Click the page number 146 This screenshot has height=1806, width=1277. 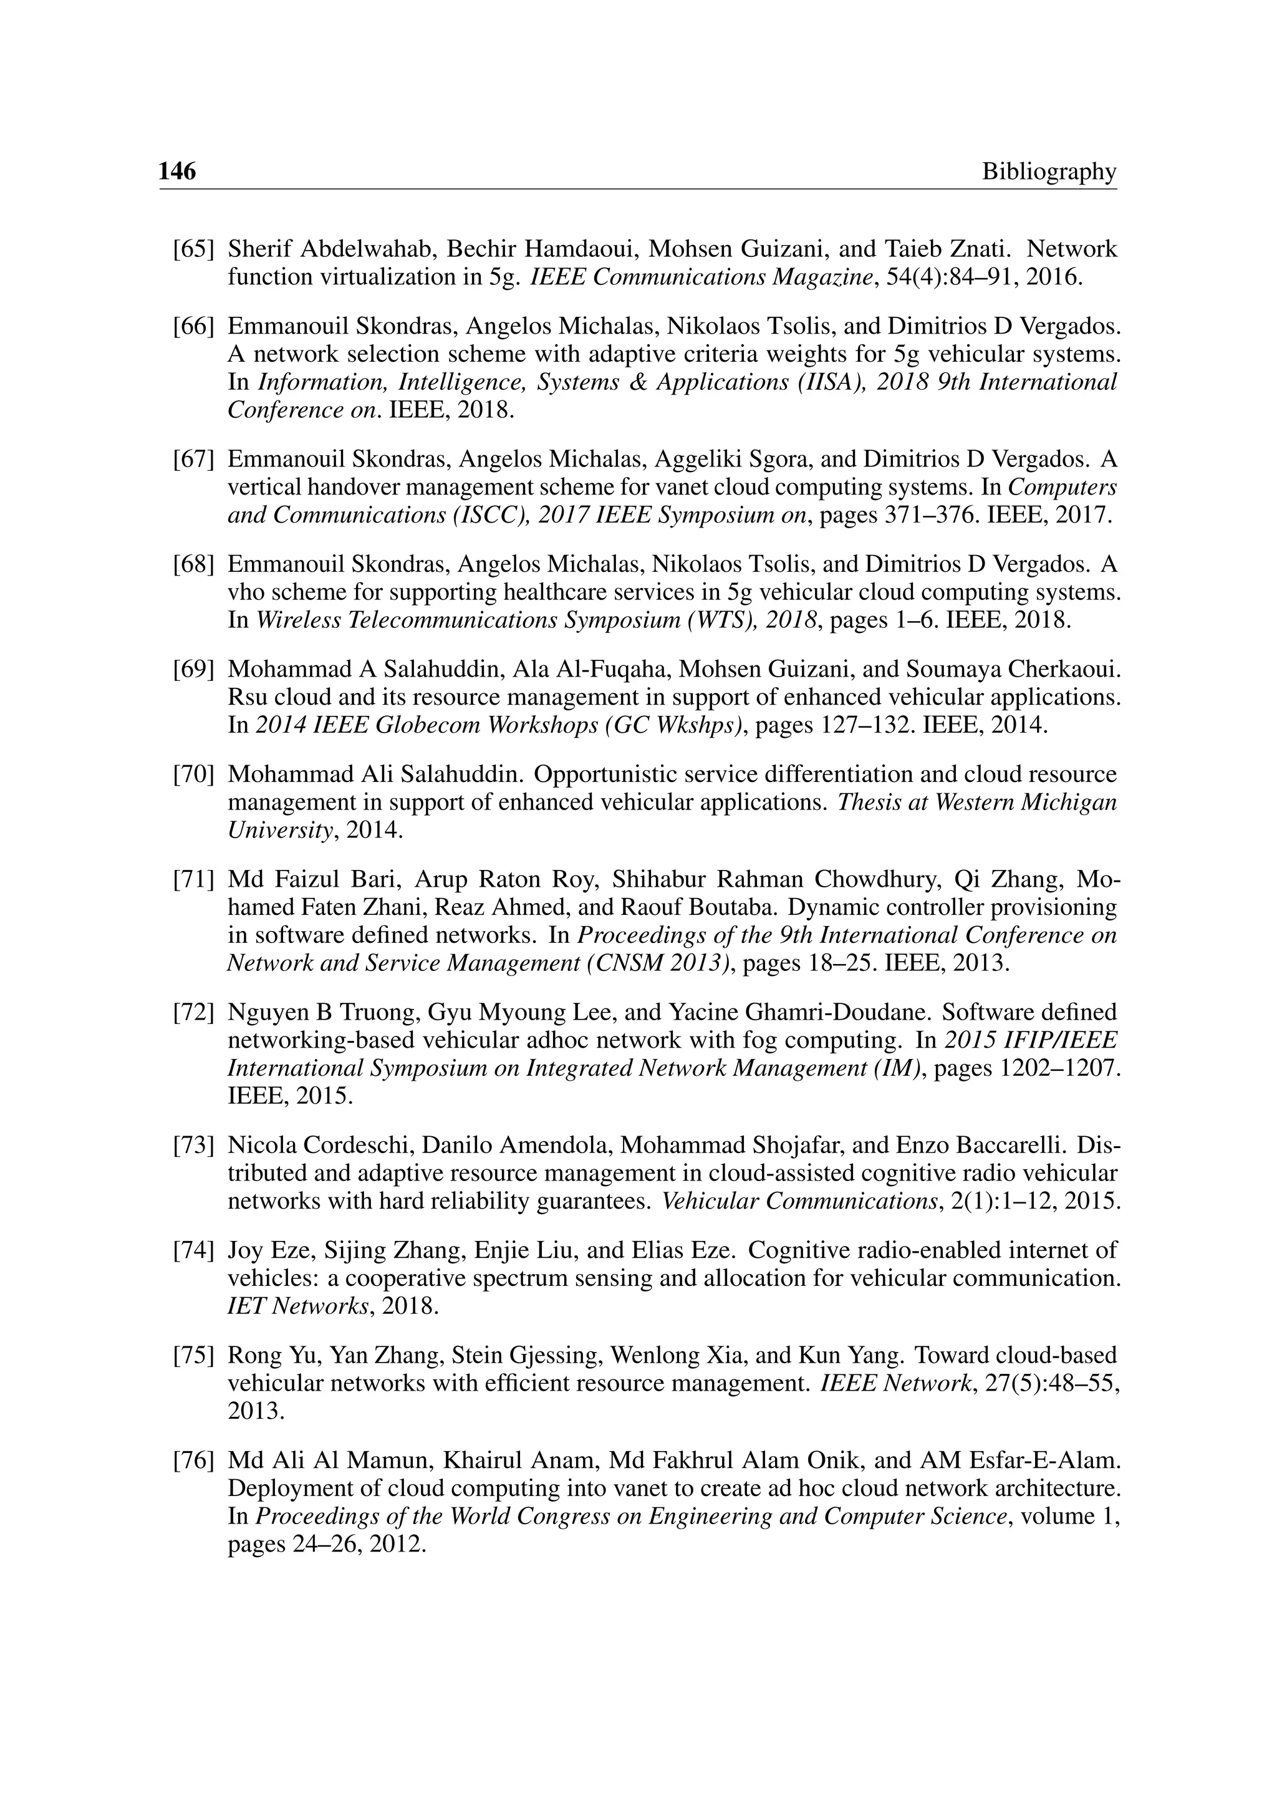click(177, 171)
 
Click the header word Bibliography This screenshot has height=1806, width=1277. click(1048, 171)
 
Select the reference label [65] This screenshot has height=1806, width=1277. click(193, 249)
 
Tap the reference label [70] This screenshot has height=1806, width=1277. click(193, 775)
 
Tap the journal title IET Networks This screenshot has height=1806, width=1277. click(298, 1306)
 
